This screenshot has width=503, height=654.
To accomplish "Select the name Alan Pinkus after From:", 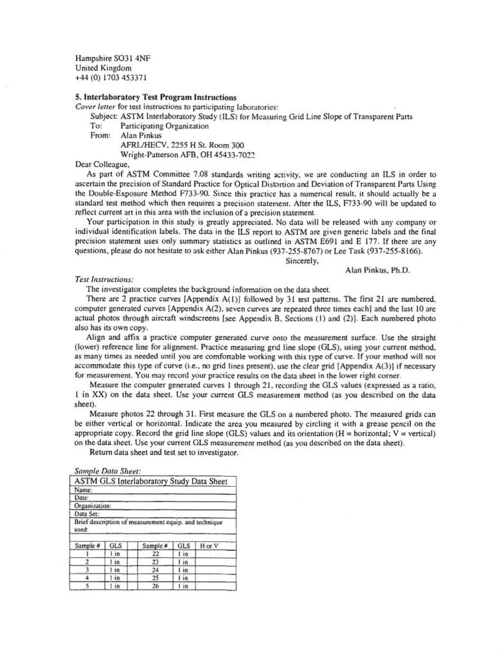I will click(x=140, y=135).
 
